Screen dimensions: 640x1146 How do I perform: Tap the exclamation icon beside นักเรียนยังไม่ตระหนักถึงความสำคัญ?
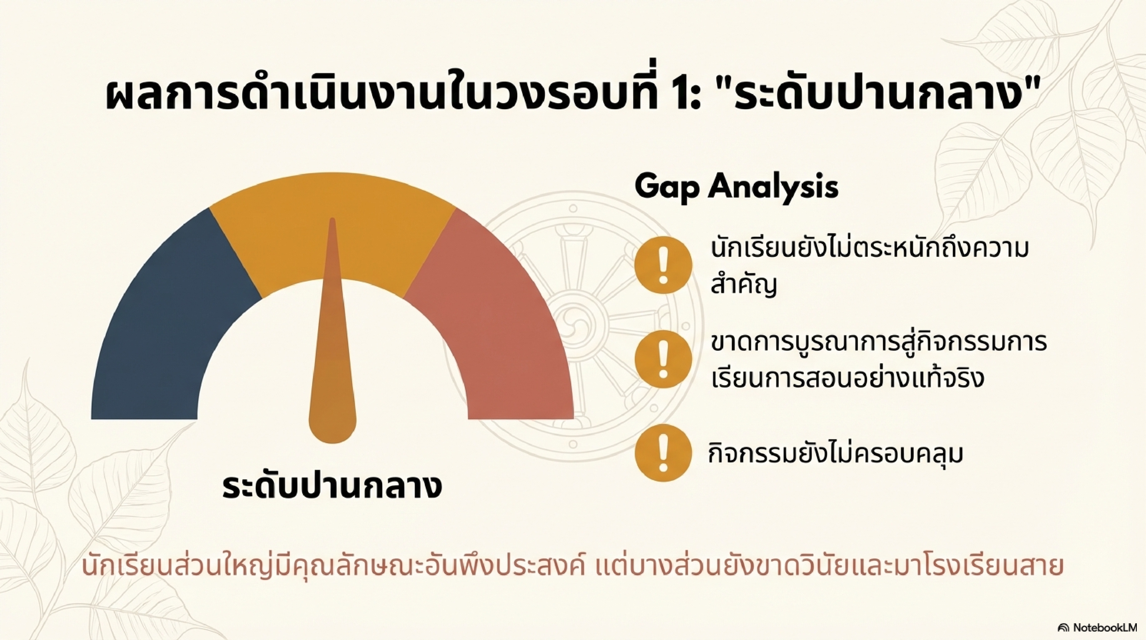(663, 265)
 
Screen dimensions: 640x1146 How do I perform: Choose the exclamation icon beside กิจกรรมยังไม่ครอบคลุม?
(663, 453)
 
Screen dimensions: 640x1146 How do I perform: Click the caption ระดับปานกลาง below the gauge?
(332, 487)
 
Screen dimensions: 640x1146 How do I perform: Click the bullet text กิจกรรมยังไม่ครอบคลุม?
(835, 454)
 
